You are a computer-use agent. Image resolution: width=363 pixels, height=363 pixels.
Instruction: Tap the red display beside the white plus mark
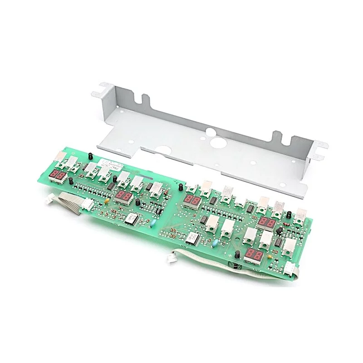pos(253,255)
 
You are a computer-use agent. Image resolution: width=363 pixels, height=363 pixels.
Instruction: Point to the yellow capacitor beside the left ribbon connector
pos(105,199)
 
